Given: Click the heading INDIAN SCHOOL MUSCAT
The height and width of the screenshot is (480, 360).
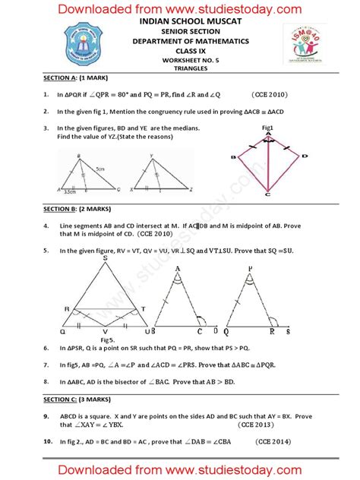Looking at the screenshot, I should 180,24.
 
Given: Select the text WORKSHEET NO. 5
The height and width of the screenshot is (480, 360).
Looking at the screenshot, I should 180,58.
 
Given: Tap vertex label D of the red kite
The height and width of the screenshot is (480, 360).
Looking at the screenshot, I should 305,156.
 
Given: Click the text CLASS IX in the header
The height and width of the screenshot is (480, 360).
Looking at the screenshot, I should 180,49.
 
